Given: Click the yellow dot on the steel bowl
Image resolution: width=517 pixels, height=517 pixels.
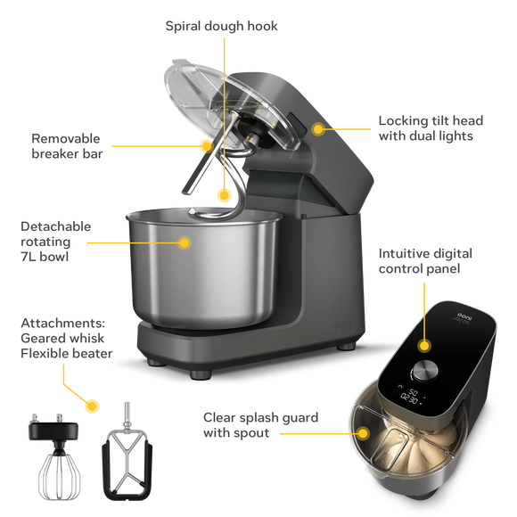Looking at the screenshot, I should click(x=185, y=241).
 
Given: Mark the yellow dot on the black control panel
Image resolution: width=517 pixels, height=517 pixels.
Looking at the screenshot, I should click(x=425, y=344).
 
